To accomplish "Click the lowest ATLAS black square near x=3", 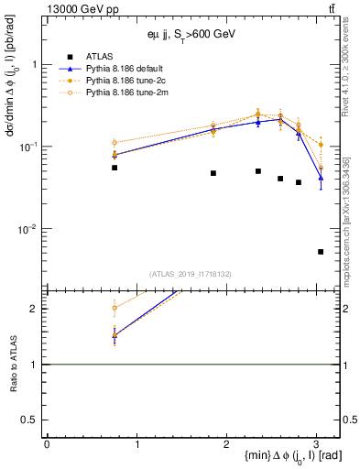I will pyautogui.click(x=320, y=251).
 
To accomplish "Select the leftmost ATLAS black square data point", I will pyautogui.click(x=115, y=168).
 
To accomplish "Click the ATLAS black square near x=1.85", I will pyautogui.click(x=213, y=173).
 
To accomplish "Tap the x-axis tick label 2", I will pyautogui.click(x=226, y=444).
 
